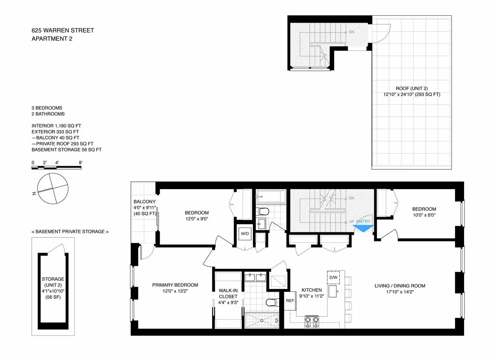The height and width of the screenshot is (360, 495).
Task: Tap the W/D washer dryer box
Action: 245,234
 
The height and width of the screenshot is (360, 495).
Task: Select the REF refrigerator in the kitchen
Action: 290,301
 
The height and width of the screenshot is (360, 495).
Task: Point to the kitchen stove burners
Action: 311,320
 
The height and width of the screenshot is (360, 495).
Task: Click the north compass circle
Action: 52,188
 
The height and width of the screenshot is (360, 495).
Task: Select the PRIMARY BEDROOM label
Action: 175,285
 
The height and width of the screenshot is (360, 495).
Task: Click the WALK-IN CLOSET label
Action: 228,293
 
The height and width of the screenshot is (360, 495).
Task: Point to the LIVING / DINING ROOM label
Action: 399,286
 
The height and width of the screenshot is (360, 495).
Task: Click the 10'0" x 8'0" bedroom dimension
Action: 421,215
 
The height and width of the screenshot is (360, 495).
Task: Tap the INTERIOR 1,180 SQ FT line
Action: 60,126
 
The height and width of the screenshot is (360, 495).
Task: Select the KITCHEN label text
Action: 311,290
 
